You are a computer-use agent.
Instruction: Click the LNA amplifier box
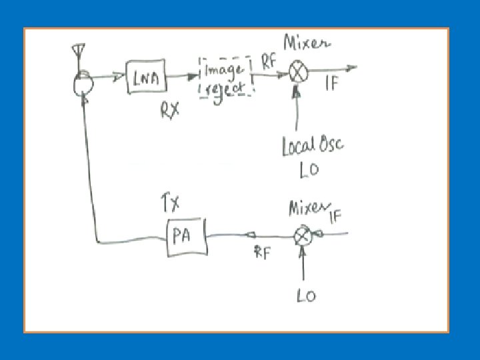click(146, 77)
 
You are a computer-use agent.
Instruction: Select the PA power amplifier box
click(187, 237)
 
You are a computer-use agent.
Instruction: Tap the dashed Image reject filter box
click(226, 78)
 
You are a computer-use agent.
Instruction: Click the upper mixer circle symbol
click(296, 73)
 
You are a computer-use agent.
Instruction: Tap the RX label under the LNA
click(169, 111)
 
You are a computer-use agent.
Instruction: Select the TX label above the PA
click(171, 200)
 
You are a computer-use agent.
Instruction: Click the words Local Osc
click(313, 145)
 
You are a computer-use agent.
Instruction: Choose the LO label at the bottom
click(306, 294)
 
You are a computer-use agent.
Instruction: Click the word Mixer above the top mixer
click(307, 44)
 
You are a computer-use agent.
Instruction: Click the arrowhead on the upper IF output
click(351, 67)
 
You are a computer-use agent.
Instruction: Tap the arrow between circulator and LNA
click(117, 77)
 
